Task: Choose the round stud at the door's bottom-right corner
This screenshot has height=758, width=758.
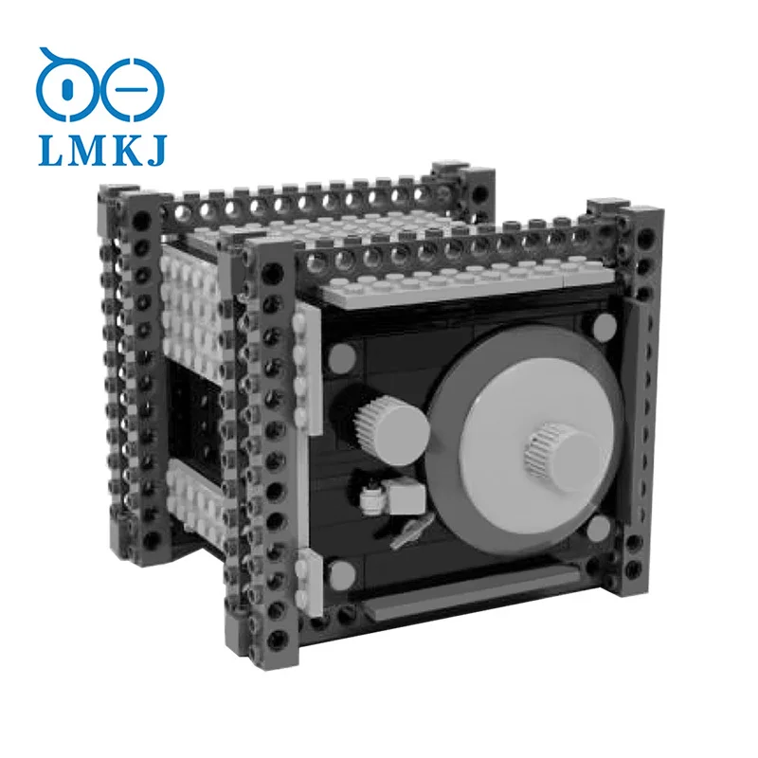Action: point(599,528)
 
